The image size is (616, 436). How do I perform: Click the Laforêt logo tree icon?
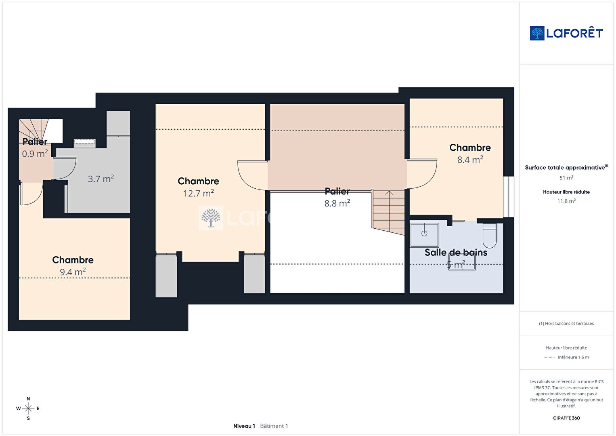point(537,33)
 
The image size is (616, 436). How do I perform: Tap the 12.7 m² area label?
point(199,193)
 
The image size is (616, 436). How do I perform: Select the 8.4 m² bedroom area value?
point(470,159)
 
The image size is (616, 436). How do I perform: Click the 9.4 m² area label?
point(73,272)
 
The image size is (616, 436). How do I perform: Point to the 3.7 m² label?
point(101,179)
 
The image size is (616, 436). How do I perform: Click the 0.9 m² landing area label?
point(35,153)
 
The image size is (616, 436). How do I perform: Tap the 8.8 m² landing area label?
point(337,203)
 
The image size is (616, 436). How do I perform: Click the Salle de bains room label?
point(456,253)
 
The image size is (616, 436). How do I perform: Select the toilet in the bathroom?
point(490,235)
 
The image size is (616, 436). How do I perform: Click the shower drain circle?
point(424,234)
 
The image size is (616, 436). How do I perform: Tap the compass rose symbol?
point(28,409)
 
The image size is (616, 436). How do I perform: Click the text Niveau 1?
point(244,426)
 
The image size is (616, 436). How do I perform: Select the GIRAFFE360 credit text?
point(566,418)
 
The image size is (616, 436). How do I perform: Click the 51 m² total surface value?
point(566,178)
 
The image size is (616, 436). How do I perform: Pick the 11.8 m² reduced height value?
point(566,201)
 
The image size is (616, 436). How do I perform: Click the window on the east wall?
point(509,197)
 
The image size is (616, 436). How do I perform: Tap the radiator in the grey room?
point(85,141)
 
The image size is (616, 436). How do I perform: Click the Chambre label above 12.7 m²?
point(198,181)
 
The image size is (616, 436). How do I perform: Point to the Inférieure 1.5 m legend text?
point(573,357)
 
